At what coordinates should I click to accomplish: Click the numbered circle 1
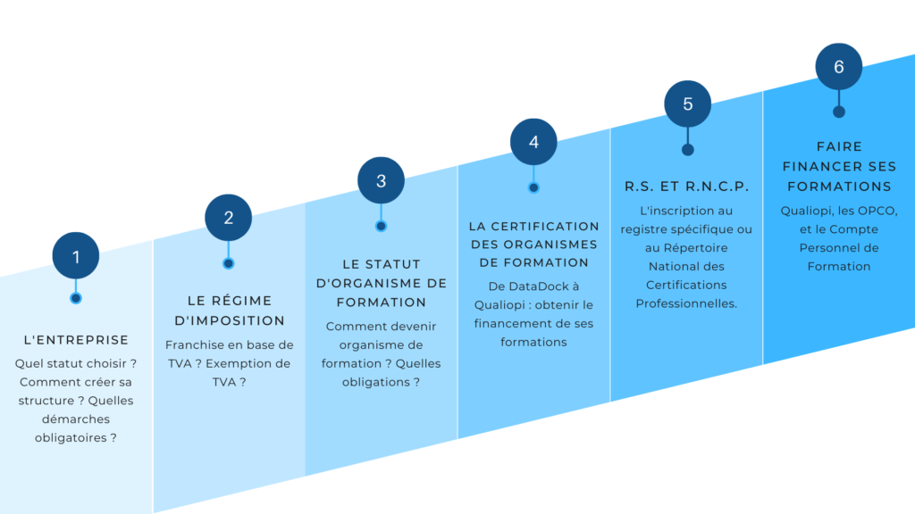point(76,256)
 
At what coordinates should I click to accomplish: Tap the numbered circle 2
point(228,218)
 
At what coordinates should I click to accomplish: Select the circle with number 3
point(381,180)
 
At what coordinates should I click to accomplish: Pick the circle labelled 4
point(533,142)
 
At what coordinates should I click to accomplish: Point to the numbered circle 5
point(687,104)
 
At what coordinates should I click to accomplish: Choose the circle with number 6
point(838,66)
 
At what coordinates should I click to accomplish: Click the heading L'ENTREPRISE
point(76,340)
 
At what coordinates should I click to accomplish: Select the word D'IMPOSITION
point(230,320)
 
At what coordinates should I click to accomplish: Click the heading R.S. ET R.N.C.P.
point(686,187)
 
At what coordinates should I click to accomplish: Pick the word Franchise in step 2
point(195,345)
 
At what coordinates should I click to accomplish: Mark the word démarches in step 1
point(76,419)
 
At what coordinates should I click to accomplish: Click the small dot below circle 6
point(838,112)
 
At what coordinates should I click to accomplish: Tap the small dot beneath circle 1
point(76,298)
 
